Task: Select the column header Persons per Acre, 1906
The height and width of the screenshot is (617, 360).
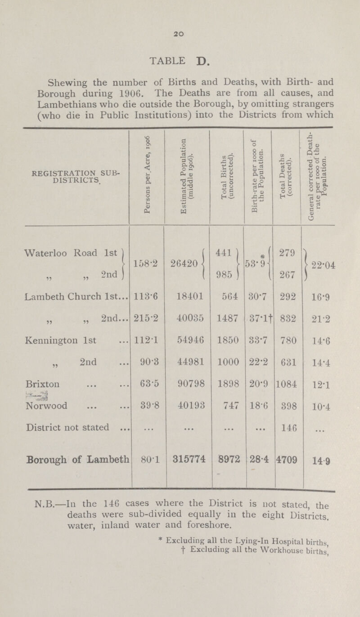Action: [x=147, y=180]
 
